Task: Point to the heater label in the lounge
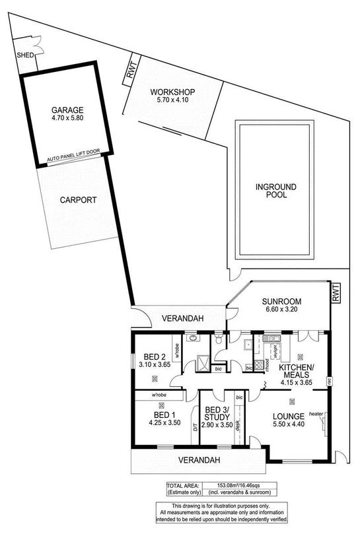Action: (315, 415)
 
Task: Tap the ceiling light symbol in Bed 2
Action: (155, 378)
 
